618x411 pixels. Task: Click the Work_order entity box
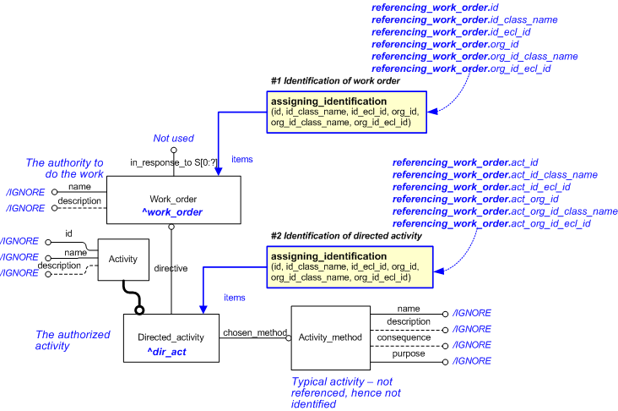click(173, 200)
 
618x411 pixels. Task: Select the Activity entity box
click(123, 260)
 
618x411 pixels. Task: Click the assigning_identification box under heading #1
click(347, 112)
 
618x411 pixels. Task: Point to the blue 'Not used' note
click(173, 138)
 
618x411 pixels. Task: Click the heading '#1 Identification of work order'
click(335, 81)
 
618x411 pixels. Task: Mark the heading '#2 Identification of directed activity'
click(346, 236)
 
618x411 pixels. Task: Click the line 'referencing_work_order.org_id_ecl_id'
click(461, 68)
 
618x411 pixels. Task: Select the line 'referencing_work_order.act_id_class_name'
click(495, 175)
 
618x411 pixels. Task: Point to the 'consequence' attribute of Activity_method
click(409, 337)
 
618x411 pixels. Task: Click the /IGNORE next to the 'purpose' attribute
click(471, 361)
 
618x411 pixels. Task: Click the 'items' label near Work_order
click(241, 159)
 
